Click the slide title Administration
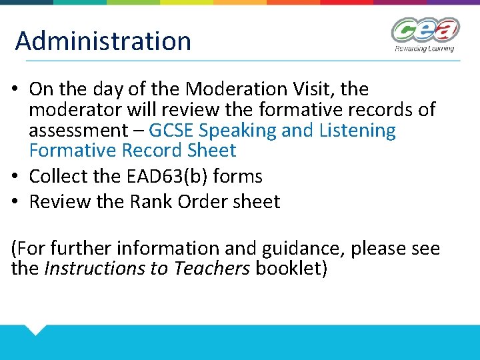coord(103,41)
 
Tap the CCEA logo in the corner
coord(425,30)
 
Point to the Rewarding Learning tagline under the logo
coord(424,48)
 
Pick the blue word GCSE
coord(173,130)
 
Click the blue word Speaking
coord(239,131)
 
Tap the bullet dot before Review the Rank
coord(17,202)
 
